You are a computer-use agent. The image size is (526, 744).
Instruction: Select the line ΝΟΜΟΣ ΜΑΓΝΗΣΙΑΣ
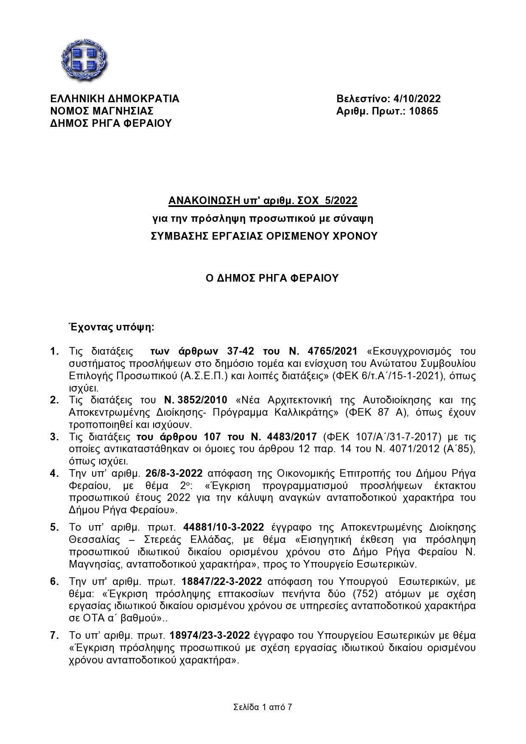point(101,111)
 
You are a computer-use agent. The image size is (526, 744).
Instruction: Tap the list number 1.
point(54,352)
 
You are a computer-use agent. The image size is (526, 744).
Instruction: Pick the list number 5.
point(54,527)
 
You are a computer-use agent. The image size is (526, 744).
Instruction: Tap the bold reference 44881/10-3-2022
point(223,527)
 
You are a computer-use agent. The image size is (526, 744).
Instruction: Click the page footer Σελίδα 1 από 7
point(263,707)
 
